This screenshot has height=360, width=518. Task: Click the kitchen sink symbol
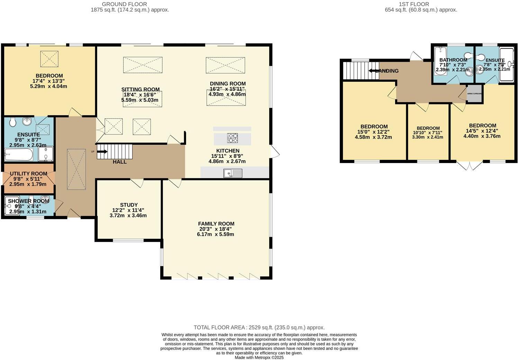click(233, 173)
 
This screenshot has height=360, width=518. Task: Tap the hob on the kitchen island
click(233, 138)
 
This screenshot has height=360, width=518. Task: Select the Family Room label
click(216, 224)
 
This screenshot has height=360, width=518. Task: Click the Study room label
click(129, 205)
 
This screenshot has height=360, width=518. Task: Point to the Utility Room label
click(28, 174)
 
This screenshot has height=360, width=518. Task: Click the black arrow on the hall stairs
click(102, 151)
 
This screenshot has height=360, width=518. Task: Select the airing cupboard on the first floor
click(474, 93)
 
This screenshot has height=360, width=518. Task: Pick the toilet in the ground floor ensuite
click(12, 122)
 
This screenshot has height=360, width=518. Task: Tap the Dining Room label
click(228, 83)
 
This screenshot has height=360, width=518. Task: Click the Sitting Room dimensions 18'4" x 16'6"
click(140, 95)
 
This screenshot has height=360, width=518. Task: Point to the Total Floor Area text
click(259, 327)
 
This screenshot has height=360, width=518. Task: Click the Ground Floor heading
click(124, 4)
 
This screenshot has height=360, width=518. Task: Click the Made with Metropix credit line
click(259, 358)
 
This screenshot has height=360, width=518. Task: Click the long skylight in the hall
click(76, 169)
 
